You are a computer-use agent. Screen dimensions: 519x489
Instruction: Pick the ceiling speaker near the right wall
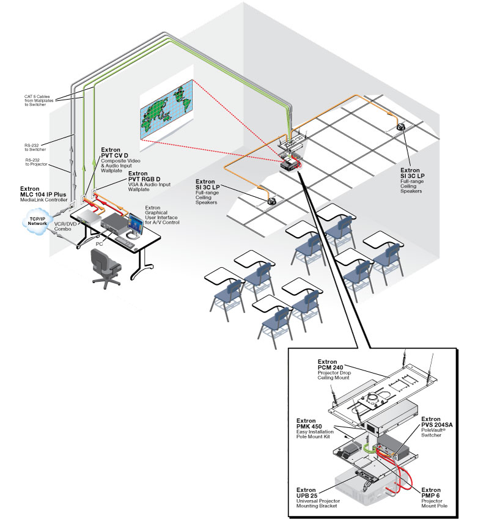(402, 128)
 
